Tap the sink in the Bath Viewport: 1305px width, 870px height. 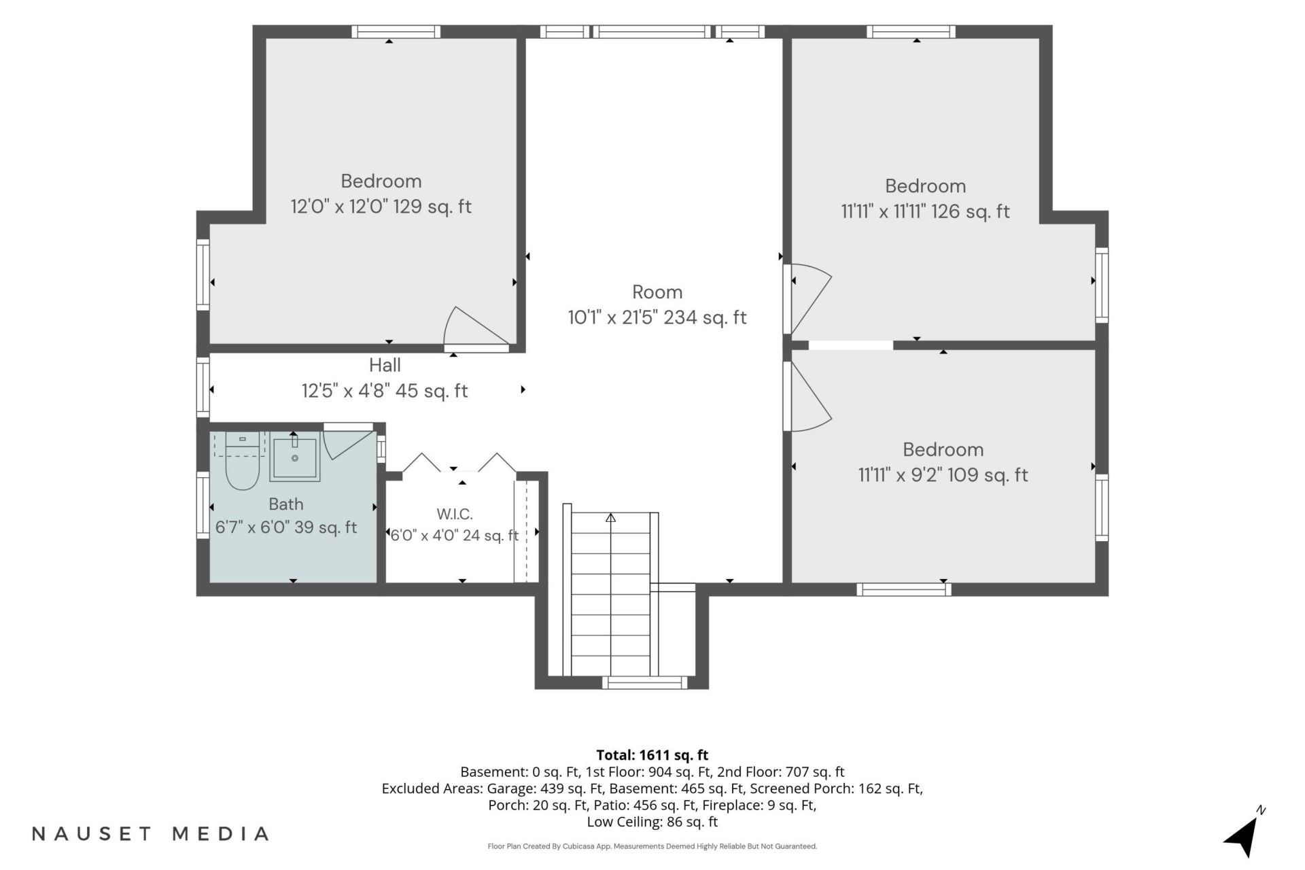(295, 457)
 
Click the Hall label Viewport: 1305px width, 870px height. (385, 365)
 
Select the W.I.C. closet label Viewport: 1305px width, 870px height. (454, 514)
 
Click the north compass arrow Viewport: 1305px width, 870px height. (1245, 833)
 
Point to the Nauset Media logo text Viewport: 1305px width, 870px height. (151, 833)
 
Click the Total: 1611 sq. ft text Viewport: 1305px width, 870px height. (652, 755)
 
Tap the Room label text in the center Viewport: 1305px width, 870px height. (657, 292)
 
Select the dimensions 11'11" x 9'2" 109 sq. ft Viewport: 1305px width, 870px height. (943, 474)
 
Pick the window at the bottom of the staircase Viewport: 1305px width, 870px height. (645, 682)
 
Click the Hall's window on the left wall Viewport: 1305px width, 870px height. (203, 387)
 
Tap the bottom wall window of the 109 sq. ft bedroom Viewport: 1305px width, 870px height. (904, 589)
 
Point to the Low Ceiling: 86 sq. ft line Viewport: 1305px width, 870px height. (652, 822)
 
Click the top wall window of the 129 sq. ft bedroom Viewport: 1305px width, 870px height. (396, 32)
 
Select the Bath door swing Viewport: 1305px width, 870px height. (349, 442)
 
